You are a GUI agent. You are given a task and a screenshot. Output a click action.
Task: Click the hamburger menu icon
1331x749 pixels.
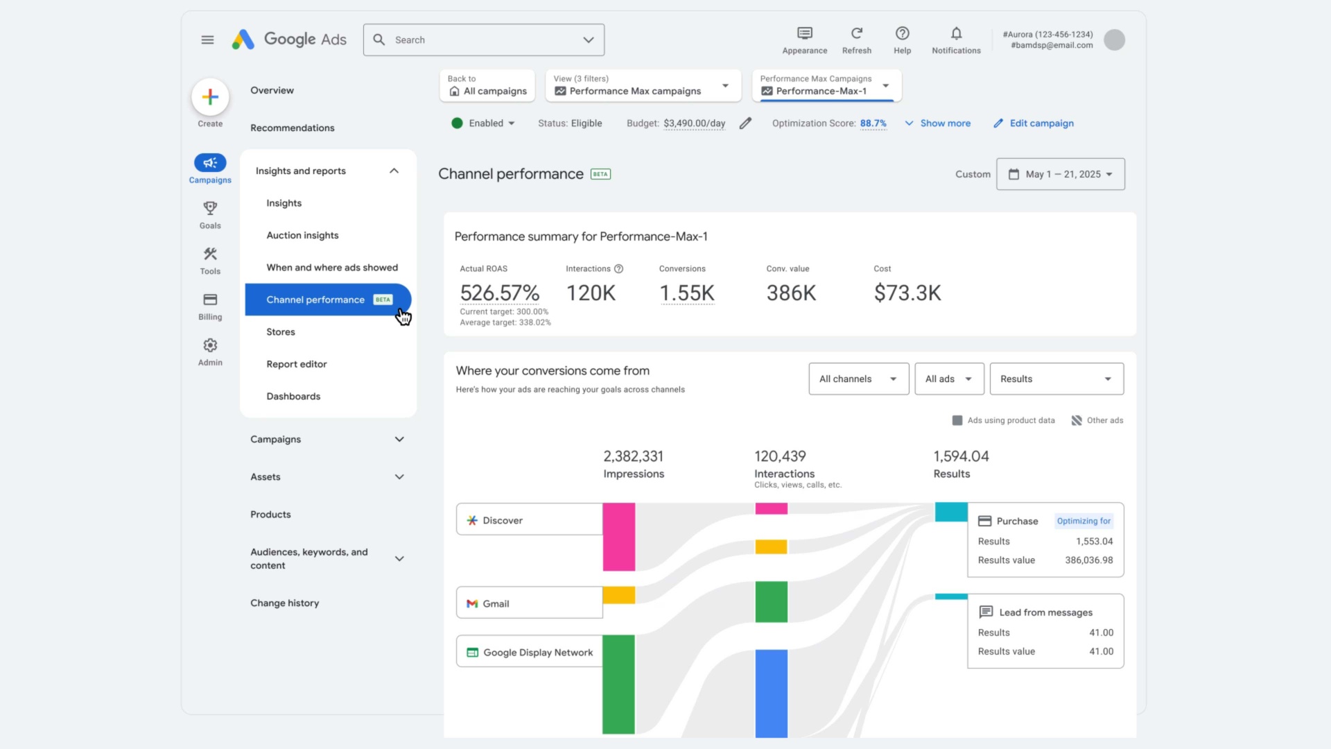207,40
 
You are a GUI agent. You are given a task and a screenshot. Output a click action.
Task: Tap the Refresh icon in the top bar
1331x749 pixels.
857,34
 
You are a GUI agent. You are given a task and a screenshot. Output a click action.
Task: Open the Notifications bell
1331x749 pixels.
956,34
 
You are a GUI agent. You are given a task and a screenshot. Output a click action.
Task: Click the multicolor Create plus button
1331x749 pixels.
210,98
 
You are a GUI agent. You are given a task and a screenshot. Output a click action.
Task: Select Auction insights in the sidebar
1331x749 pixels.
302,236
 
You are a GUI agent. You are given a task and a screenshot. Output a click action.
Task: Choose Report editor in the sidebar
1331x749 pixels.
296,364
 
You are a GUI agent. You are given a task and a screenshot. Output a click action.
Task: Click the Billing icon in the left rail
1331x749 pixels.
210,300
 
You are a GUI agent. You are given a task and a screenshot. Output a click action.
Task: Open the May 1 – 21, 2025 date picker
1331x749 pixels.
1060,174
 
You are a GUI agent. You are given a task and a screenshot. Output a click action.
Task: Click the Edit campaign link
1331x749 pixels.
1041,123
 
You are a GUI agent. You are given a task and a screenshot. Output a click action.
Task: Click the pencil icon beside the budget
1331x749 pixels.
745,123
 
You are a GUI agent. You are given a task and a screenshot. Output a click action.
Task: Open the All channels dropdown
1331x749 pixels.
858,379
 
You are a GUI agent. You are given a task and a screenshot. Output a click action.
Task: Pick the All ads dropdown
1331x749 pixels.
948,379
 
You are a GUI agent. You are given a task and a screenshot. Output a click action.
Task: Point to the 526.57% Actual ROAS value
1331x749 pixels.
499,293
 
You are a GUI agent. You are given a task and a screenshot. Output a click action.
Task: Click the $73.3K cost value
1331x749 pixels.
907,293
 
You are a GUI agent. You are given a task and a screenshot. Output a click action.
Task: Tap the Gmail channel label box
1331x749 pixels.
529,603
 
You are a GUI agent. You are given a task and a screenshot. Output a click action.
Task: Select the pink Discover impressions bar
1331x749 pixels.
618,537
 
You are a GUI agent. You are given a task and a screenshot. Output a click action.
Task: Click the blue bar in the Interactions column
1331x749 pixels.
771,693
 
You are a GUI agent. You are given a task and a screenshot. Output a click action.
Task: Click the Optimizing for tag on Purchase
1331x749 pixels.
1083,521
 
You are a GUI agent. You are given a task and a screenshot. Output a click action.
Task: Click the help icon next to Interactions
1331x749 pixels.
619,269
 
